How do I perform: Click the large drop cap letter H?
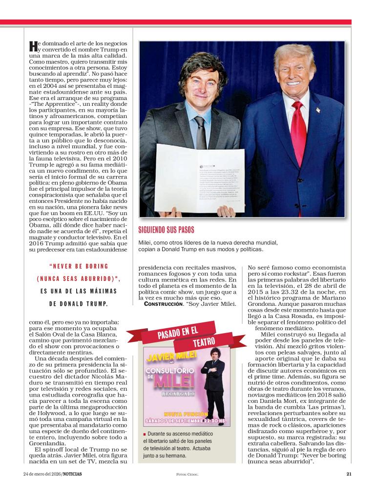(x=33, y=47)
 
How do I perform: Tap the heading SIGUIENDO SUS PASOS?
(x=167, y=230)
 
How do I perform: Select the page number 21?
(x=349, y=473)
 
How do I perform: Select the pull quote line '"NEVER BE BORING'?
(x=79, y=267)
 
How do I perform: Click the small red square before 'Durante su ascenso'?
(x=145, y=435)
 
